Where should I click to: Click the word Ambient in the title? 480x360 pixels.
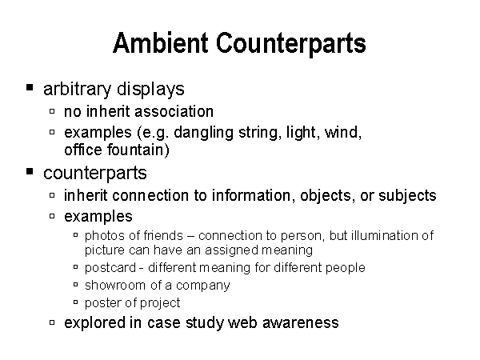point(161,43)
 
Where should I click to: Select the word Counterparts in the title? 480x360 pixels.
point(291,44)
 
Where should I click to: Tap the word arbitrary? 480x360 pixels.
point(77,90)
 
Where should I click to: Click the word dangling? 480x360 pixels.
point(203,133)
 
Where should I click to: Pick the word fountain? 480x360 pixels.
point(138,150)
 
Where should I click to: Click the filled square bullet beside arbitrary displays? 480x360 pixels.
point(30,87)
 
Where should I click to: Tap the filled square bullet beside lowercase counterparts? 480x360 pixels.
point(30,171)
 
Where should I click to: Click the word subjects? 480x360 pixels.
point(407,196)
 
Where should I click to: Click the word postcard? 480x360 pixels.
point(110,268)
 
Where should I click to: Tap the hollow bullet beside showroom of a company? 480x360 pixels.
point(76,284)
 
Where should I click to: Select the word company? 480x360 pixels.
point(202,286)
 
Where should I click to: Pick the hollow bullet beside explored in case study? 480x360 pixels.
point(52,322)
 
